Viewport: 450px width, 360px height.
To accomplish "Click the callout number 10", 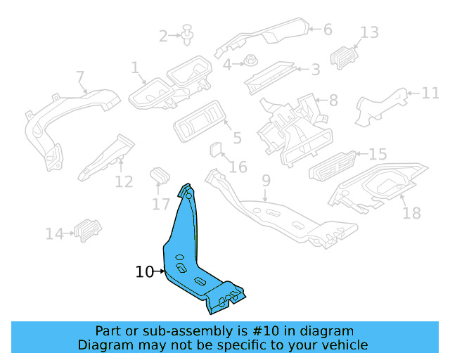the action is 144,271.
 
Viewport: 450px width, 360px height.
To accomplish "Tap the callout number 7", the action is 79,77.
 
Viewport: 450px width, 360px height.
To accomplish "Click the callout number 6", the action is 327,30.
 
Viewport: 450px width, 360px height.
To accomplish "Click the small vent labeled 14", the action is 88,229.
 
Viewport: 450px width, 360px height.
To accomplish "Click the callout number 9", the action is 265,181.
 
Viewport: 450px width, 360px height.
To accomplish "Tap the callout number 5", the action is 237,139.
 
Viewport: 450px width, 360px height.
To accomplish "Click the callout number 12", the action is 124,182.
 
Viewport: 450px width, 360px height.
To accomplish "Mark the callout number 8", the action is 333,100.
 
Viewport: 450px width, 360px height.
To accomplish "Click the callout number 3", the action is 316,70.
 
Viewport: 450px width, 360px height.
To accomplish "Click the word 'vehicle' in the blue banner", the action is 343,345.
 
